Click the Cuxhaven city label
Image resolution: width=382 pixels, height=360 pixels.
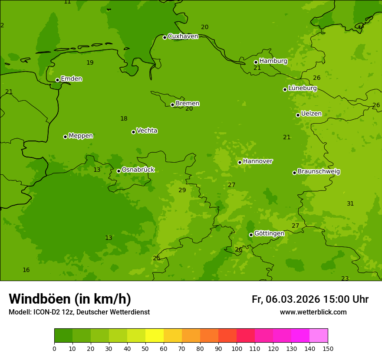point(183,36)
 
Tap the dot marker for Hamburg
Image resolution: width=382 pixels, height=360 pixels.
point(256,62)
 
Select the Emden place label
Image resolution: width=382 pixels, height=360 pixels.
point(71,79)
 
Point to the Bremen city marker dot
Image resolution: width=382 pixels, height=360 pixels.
point(172,105)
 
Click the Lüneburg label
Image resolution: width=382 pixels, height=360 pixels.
point(302,88)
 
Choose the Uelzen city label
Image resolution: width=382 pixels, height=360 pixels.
point(311,114)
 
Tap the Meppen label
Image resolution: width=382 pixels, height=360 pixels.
point(80,136)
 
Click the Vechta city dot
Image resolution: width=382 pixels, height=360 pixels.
point(133,132)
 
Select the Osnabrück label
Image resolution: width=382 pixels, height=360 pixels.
point(138,170)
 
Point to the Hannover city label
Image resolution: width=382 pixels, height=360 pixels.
point(257,161)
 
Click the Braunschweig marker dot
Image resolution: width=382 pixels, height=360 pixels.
point(294,173)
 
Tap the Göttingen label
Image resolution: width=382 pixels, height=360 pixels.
point(269,233)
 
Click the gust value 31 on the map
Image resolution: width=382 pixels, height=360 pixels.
point(350,203)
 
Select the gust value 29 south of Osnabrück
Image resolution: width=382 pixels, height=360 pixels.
point(182,190)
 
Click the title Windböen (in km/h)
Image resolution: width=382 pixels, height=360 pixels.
point(69,299)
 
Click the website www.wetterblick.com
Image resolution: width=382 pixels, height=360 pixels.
point(313,312)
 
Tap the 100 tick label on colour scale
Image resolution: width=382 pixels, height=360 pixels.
point(237,348)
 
